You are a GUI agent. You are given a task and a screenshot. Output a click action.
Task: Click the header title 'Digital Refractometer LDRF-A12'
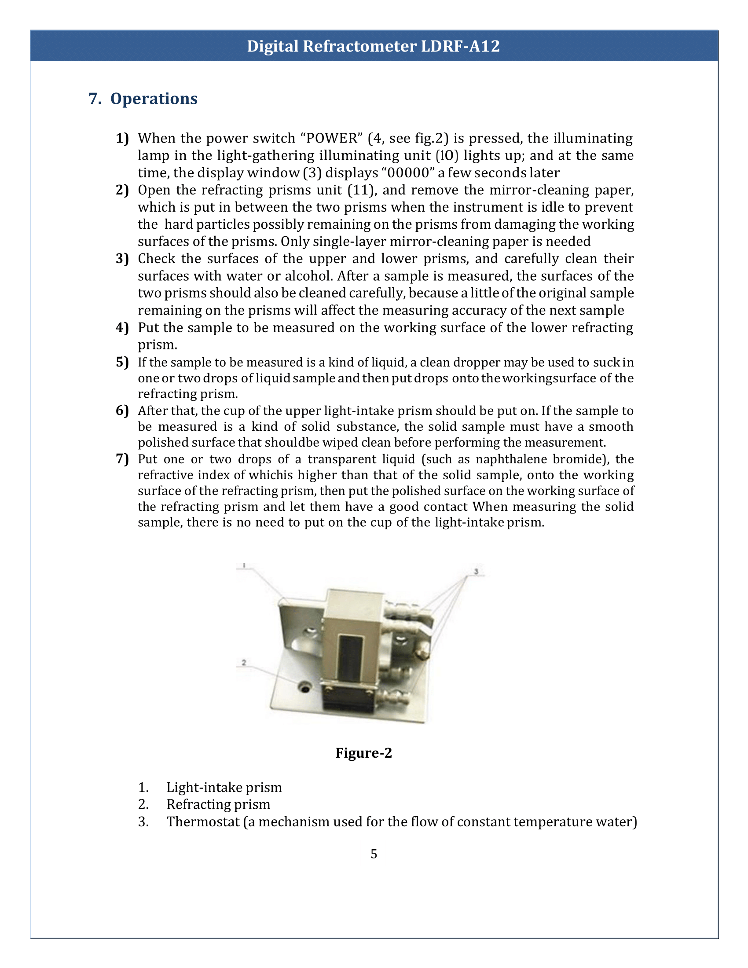click(x=373, y=46)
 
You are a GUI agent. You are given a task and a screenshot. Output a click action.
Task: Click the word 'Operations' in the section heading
click(x=154, y=99)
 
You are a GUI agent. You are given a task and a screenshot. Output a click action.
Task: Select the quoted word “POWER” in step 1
click(x=332, y=138)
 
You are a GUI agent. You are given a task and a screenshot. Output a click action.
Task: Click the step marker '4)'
click(x=122, y=327)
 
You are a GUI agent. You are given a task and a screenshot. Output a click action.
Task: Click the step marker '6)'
click(x=122, y=411)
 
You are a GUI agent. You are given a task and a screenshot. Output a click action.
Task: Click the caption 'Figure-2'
click(x=363, y=753)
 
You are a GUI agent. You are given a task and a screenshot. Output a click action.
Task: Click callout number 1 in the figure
click(x=244, y=565)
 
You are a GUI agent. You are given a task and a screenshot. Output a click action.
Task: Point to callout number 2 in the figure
click(x=244, y=663)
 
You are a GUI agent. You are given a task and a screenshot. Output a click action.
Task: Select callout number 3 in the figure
click(x=476, y=571)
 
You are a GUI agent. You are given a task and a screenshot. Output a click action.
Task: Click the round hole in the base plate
click(x=304, y=687)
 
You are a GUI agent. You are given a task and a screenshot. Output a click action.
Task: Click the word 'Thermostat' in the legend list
click(x=203, y=822)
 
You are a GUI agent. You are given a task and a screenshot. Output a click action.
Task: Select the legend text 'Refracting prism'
click(x=218, y=804)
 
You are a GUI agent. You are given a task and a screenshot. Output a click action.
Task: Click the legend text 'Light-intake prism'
click(x=224, y=787)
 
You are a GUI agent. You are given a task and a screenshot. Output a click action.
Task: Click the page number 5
click(x=374, y=854)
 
